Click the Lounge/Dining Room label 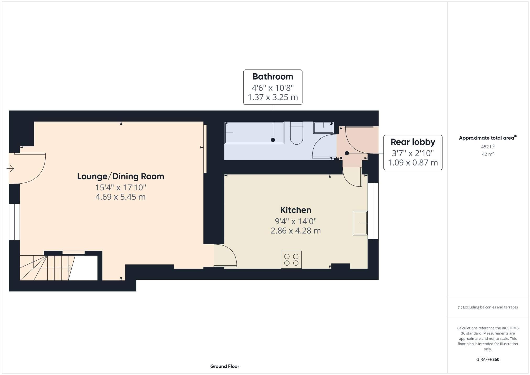tap(121, 176)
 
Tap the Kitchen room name tap(296, 210)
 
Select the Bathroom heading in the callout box tap(273, 76)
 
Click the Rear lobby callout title tap(413, 142)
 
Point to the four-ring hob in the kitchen tap(291, 260)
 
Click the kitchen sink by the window tap(360, 223)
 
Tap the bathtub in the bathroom tap(254, 133)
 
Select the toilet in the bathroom tap(296, 134)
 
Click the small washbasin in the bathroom tap(324, 128)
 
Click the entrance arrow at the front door tap(10, 168)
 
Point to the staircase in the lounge tap(46, 268)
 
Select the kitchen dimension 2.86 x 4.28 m tap(296, 231)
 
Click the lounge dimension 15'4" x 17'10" tap(121, 187)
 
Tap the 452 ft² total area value tap(488, 147)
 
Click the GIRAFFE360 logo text tap(488, 359)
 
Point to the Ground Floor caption tap(225, 366)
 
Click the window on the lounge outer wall tap(14, 222)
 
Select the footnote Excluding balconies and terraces tap(488, 307)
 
